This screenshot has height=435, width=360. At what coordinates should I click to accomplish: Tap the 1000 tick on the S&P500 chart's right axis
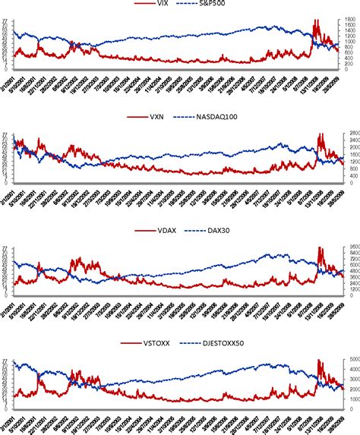click(x=349, y=41)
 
